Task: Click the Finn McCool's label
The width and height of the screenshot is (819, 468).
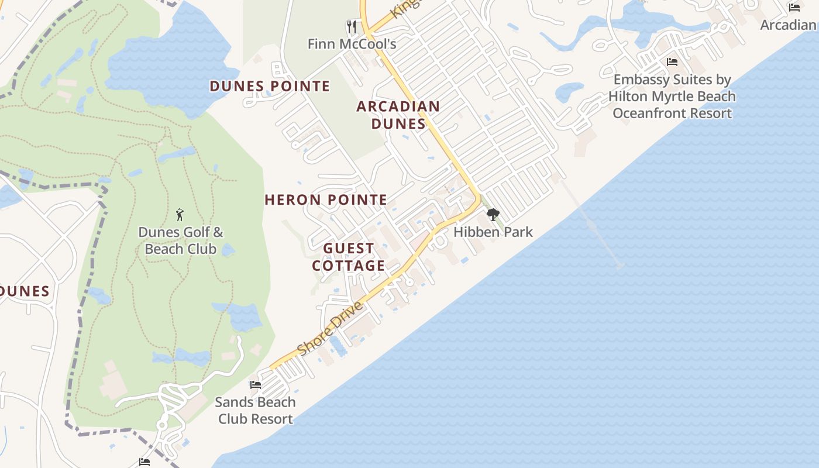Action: pos(352,44)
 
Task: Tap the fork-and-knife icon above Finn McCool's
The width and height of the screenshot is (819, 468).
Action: pos(352,26)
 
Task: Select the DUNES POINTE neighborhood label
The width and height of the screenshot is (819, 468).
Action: pos(270,87)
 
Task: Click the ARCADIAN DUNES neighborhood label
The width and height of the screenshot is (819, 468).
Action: pos(398,115)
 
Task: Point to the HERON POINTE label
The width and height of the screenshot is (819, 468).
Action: pos(326,200)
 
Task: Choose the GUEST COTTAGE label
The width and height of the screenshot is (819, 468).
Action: pos(349,257)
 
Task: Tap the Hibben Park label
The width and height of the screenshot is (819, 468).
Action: pos(493,232)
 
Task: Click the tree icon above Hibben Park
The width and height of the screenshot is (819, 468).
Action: pos(493,215)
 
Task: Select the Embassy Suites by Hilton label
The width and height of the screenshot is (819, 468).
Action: pos(672,97)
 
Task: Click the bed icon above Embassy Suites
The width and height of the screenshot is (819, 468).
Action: pos(672,61)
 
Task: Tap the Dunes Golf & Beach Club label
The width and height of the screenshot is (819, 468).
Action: pos(180,240)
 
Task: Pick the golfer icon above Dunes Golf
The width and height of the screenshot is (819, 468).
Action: pos(180,215)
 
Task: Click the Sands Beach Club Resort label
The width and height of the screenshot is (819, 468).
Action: pos(255,411)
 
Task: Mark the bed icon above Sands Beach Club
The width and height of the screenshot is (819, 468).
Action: pos(255,385)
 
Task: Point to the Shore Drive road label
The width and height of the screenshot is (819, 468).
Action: pos(330,329)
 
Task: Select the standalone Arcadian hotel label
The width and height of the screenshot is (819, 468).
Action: pos(788,25)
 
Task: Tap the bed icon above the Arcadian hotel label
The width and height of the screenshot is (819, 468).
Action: pos(794,8)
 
